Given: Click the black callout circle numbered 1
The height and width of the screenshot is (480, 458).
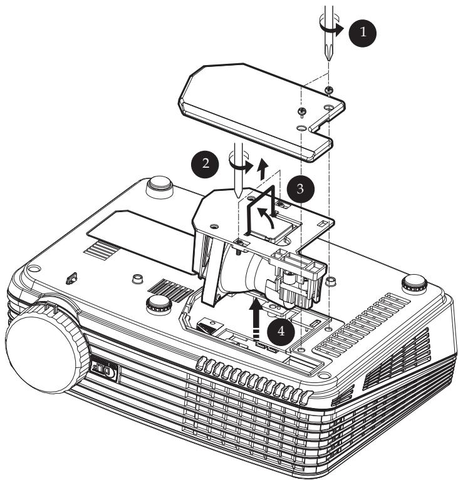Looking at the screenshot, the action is [x=363, y=32].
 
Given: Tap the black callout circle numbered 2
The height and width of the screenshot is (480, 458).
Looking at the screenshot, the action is [x=205, y=164].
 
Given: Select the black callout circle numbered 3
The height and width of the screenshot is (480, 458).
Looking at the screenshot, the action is [x=300, y=189].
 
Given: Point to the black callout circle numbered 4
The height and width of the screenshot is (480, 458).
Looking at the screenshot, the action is [x=281, y=332].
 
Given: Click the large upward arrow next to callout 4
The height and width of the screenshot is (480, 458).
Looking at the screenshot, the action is [x=256, y=319].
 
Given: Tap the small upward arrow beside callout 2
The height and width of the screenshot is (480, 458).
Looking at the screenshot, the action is [x=263, y=169].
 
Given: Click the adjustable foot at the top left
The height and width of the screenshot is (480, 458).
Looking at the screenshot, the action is [x=159, y=186].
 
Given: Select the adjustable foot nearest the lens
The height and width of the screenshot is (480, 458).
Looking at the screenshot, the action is [x=158, y=304].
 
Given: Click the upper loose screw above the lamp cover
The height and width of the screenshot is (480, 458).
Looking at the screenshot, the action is [x=329, y=90].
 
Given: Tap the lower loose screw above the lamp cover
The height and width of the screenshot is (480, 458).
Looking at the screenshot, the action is [x=302, y=112].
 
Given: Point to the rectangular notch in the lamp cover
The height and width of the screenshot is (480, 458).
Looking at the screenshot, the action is [x=320, y=126].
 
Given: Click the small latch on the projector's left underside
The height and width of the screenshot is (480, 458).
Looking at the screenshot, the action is [x=71, y=278].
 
